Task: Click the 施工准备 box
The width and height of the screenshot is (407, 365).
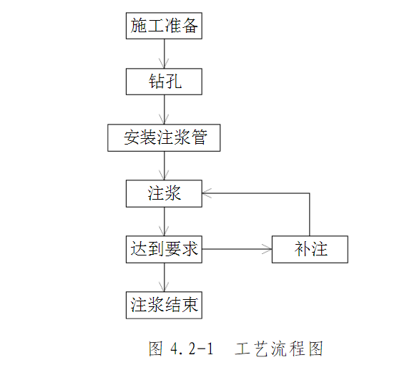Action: tap(164, 26)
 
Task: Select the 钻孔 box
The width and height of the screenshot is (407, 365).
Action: tap(164, 82)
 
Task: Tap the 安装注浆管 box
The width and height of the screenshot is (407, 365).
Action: tap(164, 137)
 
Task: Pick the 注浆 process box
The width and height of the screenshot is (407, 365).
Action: tap(164, 193)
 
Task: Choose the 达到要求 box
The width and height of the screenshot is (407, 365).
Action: tap(164, 249)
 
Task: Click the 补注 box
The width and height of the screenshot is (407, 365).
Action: tap(310, 249)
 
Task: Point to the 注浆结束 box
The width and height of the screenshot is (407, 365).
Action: tap(164, 306)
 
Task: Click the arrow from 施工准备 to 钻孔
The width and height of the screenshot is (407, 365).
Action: tap(165, 54)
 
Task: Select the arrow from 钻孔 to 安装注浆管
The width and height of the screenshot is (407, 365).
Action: tap(165, 109)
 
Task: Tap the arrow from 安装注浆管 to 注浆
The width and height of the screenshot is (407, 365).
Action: tap(165, 165)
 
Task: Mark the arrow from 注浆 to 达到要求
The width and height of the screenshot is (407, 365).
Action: tap(165, 221)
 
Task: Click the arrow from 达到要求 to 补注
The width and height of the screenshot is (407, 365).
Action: tap(236, 249)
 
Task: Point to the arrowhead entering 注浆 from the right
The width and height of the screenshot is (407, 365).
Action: tap(207, 193)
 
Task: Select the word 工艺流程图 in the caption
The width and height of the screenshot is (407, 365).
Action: tap(280, 349)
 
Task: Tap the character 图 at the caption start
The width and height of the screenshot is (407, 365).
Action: tap(156, 349)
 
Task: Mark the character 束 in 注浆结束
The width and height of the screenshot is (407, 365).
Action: tap(190, 306)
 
